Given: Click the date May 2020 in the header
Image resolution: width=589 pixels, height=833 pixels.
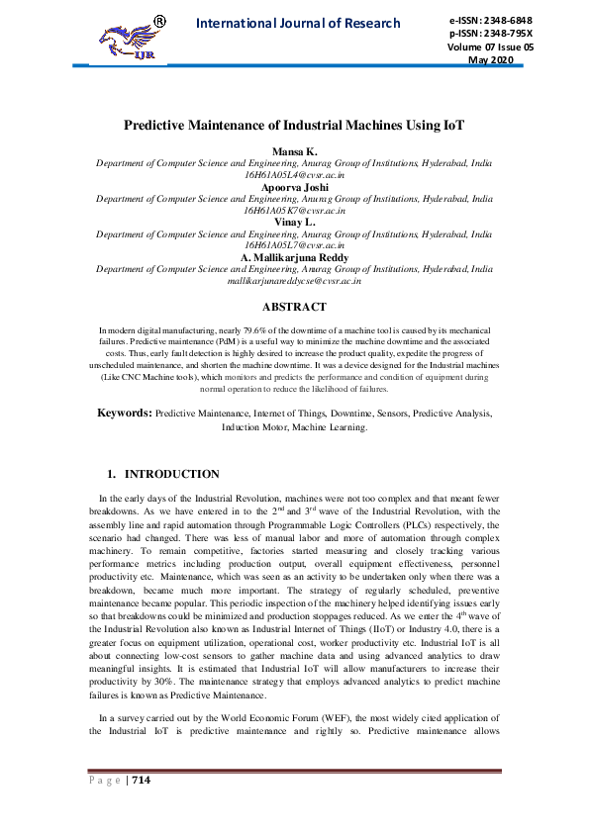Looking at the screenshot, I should point(491,60).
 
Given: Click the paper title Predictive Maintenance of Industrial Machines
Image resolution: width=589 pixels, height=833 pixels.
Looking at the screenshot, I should point(294,126).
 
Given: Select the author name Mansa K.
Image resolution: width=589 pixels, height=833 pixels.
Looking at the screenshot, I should point(294,149).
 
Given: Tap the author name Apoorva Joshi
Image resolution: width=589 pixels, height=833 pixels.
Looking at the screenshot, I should point(294,186).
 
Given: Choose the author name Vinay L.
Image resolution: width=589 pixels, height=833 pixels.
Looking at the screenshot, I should point(294,223).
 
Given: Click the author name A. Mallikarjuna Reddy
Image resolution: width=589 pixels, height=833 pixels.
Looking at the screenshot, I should point(294,257).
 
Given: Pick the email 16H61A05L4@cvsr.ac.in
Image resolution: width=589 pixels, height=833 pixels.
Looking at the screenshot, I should point(294,173).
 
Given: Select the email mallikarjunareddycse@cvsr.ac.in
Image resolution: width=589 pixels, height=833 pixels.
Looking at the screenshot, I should point(294,281).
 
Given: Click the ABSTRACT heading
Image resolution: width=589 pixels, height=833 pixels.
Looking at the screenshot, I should point(294,307).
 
